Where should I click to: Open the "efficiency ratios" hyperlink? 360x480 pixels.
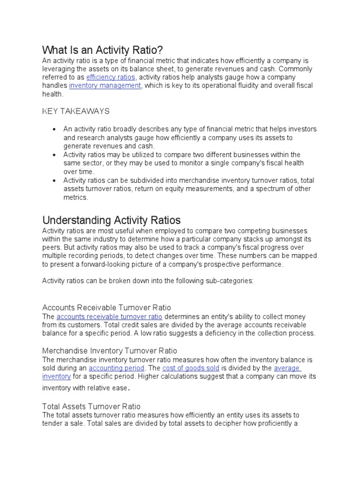[111, 77]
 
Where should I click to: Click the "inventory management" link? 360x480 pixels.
[105, 86]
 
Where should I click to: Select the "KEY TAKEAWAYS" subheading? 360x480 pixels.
[76, 111]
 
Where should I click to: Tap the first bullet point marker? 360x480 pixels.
[55, 129]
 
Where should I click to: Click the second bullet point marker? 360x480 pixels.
[55, 155]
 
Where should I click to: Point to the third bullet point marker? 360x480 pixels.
[55, 180]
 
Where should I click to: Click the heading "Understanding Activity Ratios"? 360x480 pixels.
[112, 220]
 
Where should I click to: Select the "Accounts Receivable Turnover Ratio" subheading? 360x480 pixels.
[106, 307]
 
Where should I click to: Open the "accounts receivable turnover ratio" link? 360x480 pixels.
[109, 316]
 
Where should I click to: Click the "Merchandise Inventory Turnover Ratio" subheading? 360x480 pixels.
[110, 351]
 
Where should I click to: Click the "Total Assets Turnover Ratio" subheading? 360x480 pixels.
[91, 406]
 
